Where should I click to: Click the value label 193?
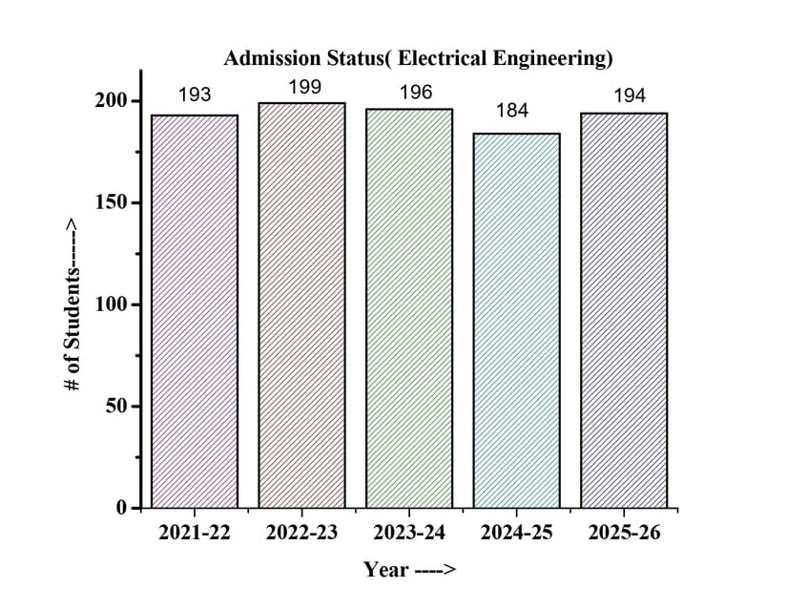coord(195,94)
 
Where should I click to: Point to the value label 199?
coord(304,88)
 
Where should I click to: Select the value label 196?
coord(416,93)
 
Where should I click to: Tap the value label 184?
coord(512,111)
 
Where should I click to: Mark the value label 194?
coord(630,95)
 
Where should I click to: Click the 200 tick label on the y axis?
coord(110,102)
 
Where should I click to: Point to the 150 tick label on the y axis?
coord(110,203)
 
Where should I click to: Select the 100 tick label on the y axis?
coord(110,304)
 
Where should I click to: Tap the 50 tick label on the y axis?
coord(114,407)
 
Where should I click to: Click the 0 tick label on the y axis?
coord(121,508)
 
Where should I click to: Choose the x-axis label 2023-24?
coord(409,534)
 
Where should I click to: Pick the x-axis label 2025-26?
coord(624,534)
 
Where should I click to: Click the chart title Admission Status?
coord(418,58)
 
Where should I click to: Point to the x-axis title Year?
coord(409,570)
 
